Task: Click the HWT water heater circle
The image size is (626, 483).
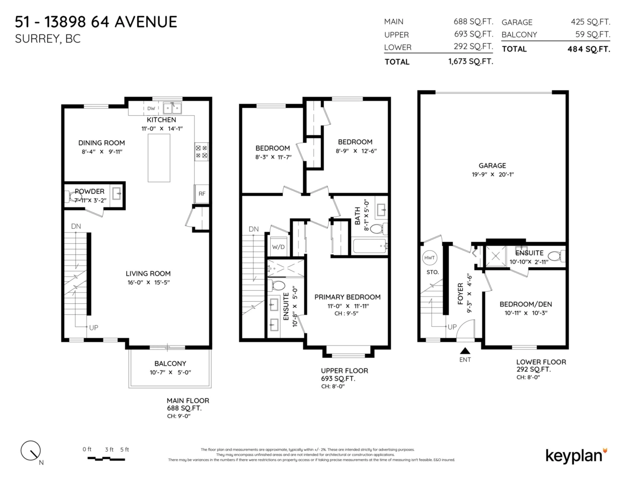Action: point(430,257)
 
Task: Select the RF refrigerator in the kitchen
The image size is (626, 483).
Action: point(201,193)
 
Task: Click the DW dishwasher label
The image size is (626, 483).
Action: point(151,109)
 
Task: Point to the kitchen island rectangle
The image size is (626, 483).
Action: point(159,158)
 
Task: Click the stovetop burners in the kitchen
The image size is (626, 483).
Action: point(201,151)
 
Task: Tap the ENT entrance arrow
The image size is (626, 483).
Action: point(464,353)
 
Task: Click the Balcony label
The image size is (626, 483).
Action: point(170,364)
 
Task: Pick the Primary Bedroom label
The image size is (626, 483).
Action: point(347,297)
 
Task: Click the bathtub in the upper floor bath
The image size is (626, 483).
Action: point(370,246)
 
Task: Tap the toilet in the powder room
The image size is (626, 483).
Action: point(73,196)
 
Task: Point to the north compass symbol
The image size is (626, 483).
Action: point(31,451)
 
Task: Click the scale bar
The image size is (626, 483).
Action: point(106,459)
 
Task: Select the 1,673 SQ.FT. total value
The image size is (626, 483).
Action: point(471,61)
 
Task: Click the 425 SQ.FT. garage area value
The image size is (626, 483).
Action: point(591,22)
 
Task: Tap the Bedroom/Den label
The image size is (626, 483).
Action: point(525,304)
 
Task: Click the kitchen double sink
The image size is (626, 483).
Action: point(172,108)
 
